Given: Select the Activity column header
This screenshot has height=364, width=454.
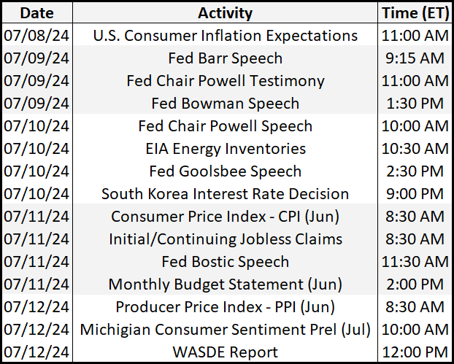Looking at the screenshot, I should tap(225, 13).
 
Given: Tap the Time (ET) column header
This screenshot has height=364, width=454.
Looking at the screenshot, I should tap(415, 13).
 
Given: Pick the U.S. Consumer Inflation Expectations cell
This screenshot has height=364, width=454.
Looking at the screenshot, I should tap(225, 35).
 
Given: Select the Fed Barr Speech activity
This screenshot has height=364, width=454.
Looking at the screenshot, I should tap(225, 58).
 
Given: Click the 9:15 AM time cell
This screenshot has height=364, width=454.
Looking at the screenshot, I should tap(415, 58).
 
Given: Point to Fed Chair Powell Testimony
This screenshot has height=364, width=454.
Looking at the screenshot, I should tap(225, 80).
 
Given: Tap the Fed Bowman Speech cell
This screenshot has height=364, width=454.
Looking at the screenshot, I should tap(225, 103).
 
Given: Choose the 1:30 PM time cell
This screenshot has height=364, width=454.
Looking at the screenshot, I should tap(415, 103).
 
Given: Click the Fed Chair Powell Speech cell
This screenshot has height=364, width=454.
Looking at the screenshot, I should tap(225, 125).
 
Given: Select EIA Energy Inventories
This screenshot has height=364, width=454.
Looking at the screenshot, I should tap(225, 148).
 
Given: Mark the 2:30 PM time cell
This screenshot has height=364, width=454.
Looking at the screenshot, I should tap(415, 171).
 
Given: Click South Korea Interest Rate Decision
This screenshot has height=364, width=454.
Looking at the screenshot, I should tap(225, 193).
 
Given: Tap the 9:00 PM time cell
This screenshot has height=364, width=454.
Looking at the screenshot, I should tap(415, 193).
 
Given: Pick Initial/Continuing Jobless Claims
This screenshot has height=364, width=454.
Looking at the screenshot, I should tap(225, 239).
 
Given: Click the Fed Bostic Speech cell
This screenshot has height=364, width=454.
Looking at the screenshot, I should tap(225, 261).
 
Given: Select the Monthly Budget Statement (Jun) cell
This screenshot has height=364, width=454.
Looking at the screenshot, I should tap(225, 284).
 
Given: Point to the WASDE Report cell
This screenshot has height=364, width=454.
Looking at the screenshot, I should tap(225, 352).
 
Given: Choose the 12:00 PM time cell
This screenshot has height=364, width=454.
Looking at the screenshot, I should tap(415, 352).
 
